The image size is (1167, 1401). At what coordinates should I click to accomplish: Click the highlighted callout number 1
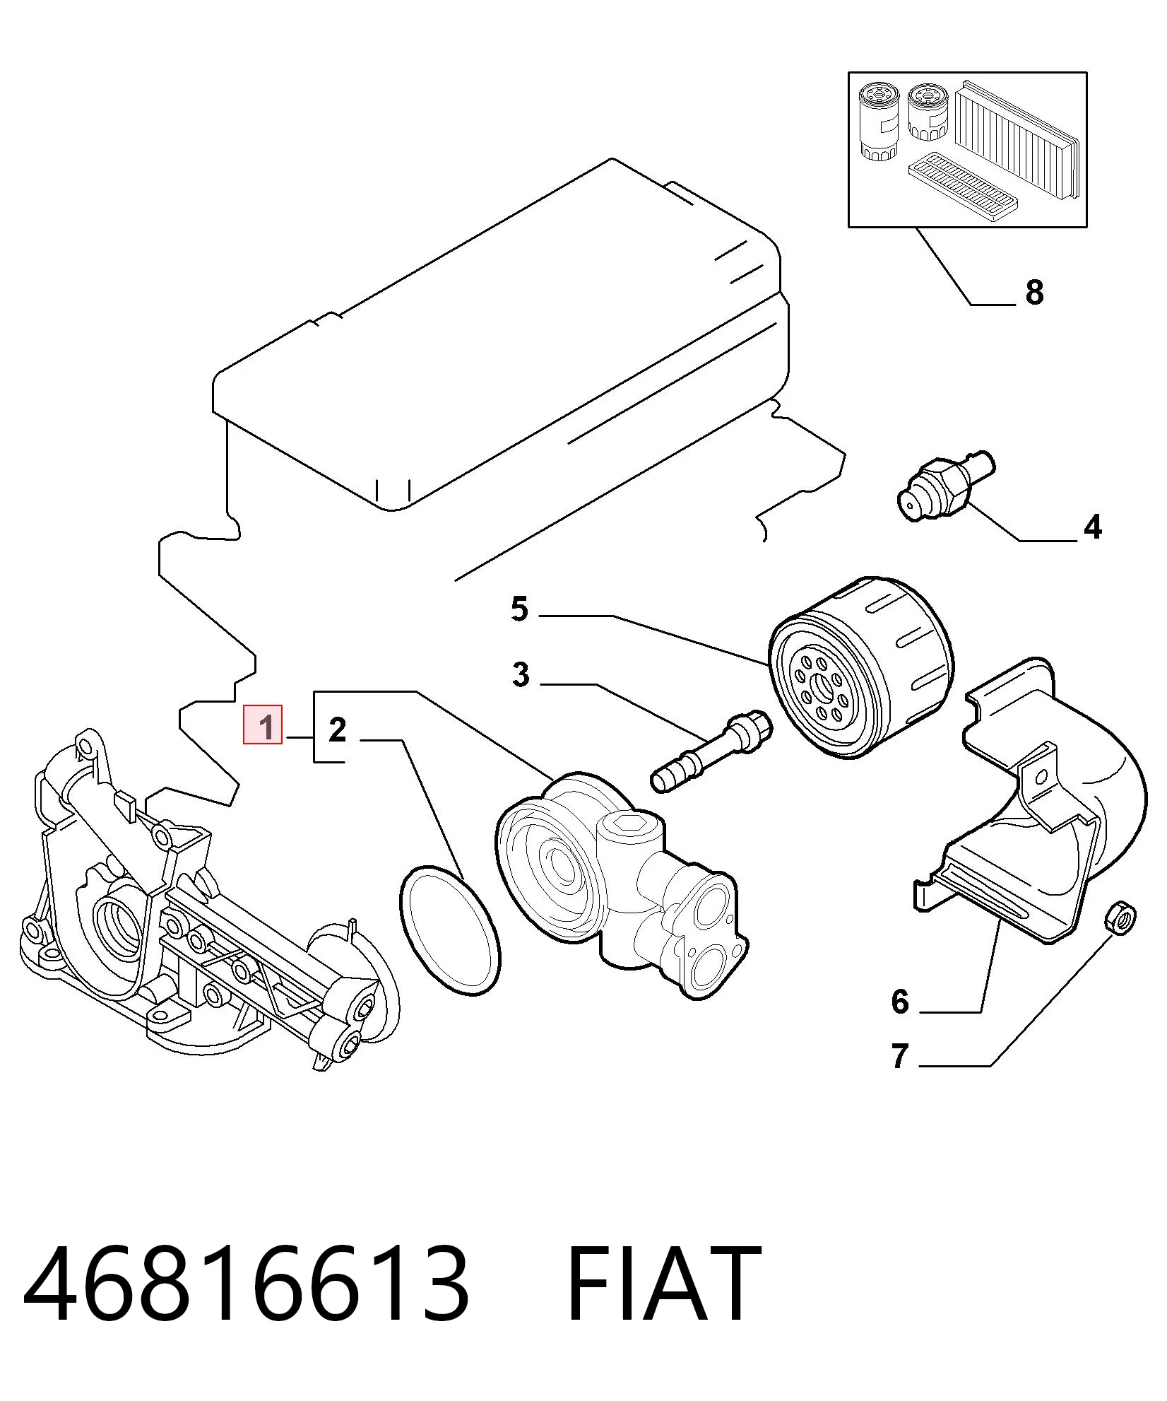(x=263, y=725)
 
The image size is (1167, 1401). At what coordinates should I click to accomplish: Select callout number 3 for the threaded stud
(x=521, y=675)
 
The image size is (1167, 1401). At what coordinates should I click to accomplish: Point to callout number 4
(x=1092, y=527)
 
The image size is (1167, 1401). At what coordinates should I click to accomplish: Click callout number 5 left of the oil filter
(x=520, y=609)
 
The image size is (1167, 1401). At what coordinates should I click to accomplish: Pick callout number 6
(x=900, y=1002)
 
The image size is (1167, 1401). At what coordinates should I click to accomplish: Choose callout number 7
(x=899, y=1077)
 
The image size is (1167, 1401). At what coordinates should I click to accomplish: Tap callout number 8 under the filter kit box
(x=1034, y=292)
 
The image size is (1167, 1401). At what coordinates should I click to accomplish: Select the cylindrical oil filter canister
(x=861, y=667)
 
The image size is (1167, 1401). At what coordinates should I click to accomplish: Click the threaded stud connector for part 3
(x=711, y=752)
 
